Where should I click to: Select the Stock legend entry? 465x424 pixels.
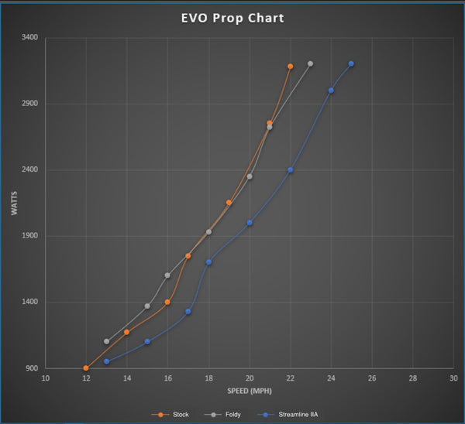point(179,415)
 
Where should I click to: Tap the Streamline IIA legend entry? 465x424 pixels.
point(298,415)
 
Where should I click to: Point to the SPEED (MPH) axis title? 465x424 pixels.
point(250,390)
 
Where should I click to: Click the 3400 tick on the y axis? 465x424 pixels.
point(29,37)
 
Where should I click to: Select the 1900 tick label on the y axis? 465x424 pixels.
point(29,236)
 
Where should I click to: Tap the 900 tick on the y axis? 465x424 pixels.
point(31,368)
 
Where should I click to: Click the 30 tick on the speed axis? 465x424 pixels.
point(453,378)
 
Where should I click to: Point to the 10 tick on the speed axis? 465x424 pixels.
point(45,378)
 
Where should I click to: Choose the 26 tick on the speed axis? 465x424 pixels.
point(372,378)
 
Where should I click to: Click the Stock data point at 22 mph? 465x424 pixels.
point(290,67)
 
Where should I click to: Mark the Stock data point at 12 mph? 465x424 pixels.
point(86,368)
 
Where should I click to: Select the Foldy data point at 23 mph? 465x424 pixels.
point(310,63)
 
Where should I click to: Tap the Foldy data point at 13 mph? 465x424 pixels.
point(106,341)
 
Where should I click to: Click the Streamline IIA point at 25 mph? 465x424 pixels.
point(351,63)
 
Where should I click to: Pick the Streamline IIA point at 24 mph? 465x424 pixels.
point(331,91)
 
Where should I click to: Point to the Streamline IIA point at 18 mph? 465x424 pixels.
point(208,262)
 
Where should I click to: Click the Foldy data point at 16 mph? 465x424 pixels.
point(167,275)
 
